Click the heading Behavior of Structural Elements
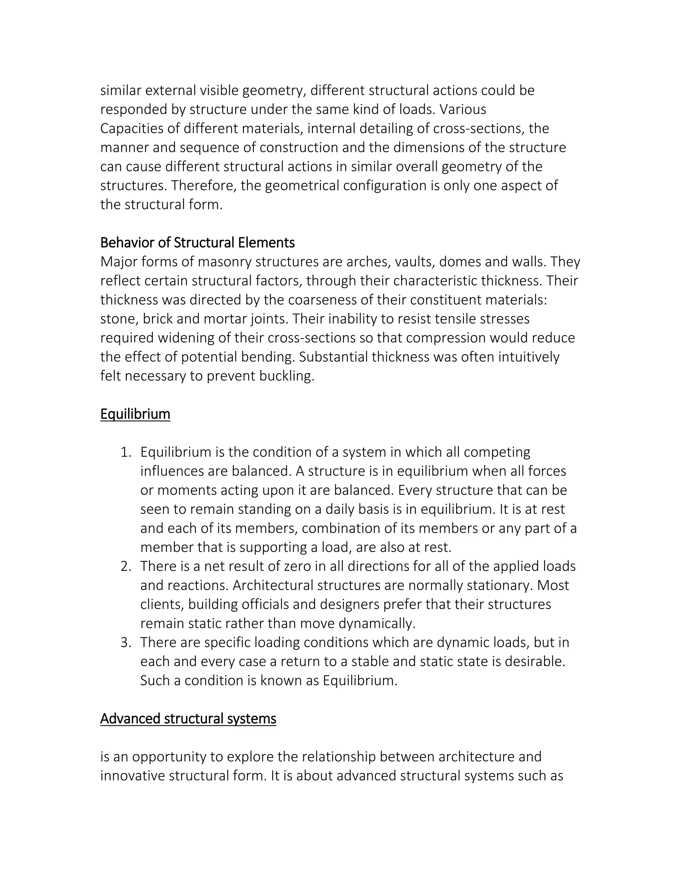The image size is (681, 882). pos(197,243)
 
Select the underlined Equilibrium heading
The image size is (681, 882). pos(135,414)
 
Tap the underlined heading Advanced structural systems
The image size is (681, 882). pos(188,719)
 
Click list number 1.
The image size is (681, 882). pos(126,452)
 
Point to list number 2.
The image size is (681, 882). pos(126,566)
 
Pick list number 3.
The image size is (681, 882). pos(126,642)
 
